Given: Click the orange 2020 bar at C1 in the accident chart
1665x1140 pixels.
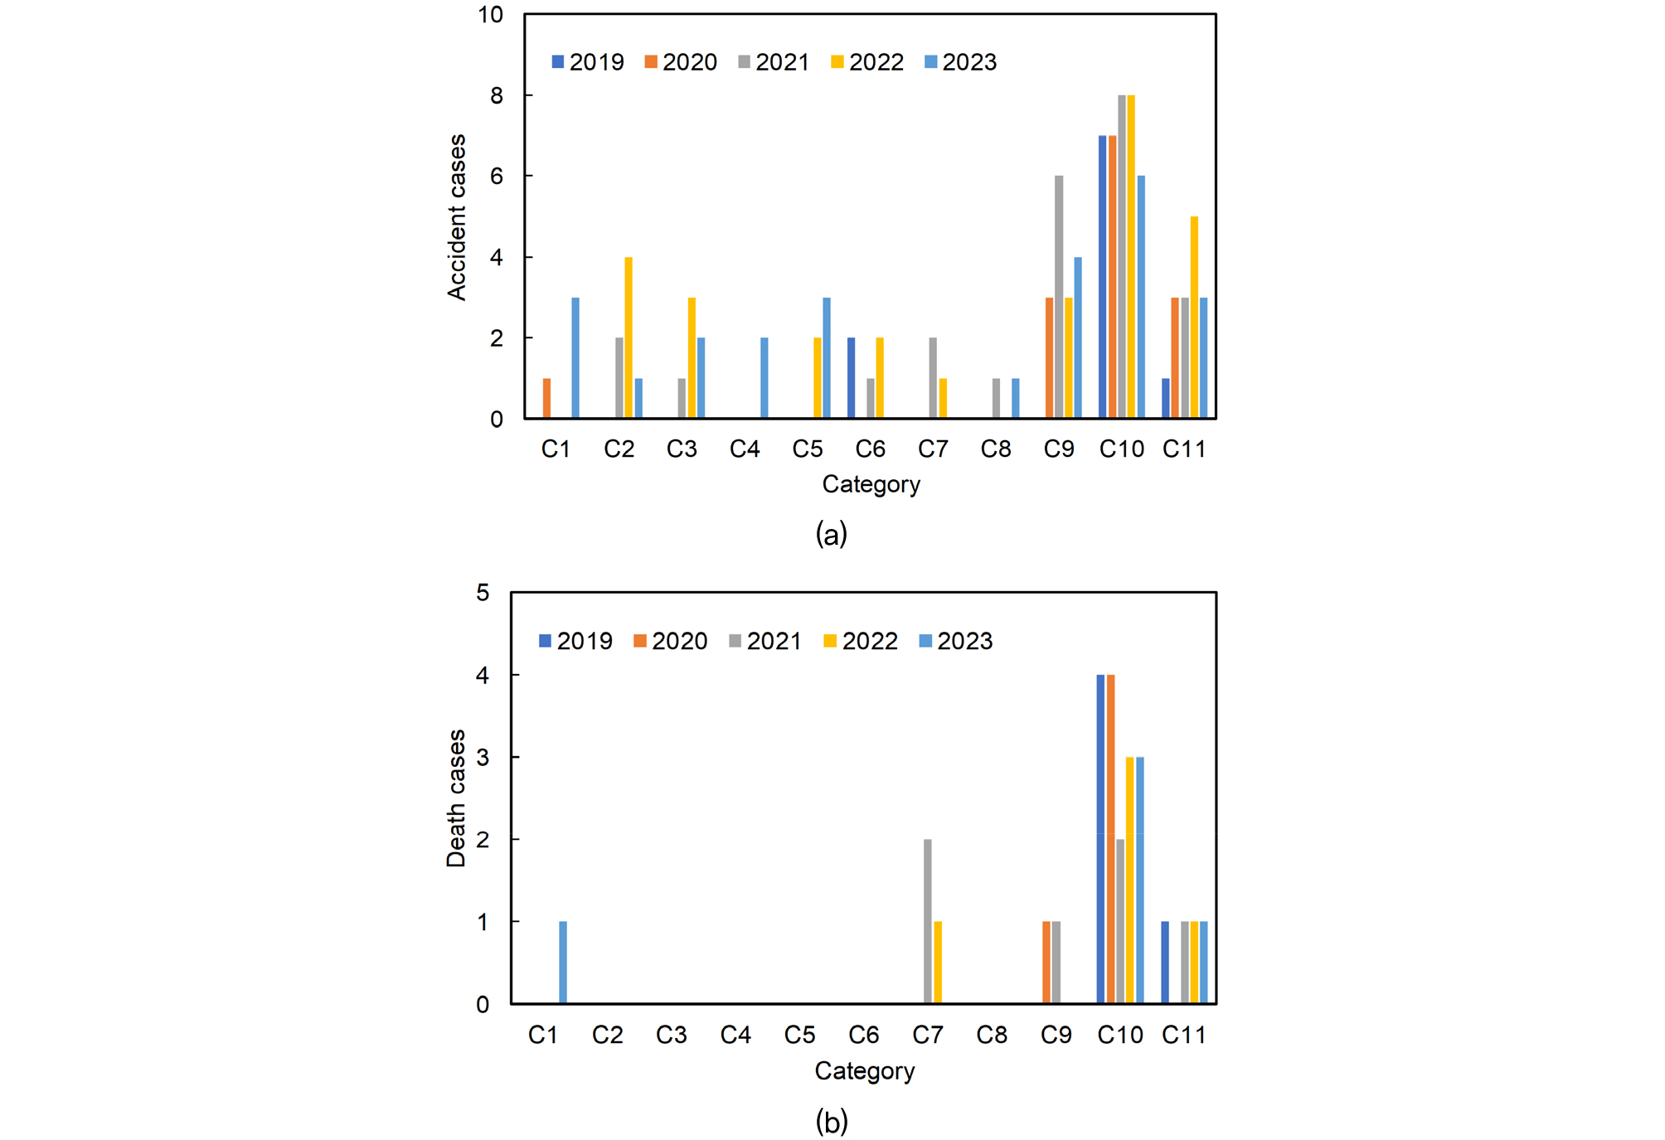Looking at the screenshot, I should (546, 399).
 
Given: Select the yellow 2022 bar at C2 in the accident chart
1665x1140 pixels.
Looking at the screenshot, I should (629, 338).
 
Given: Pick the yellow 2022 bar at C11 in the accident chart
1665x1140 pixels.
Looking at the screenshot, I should (1194, 318).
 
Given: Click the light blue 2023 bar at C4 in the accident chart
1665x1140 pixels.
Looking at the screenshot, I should (764, 378).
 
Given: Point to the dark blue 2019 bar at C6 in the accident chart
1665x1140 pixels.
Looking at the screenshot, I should (851, 378).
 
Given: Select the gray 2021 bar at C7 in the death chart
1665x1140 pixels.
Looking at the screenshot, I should (927, 921).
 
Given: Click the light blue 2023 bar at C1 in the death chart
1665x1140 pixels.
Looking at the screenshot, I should (563, 963).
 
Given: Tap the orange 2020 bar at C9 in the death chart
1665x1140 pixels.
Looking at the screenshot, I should (1046, 963).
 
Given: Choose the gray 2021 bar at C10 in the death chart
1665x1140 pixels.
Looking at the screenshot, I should (1120, 921).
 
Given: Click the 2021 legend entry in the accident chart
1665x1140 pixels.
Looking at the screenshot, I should (774, 62).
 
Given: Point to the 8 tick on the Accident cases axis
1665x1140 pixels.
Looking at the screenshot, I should (497, 95).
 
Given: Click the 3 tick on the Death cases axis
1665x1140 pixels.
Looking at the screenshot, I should (483, 757).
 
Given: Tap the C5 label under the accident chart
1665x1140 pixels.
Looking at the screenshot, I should (807, 449).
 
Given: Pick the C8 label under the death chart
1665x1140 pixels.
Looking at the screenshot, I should (992, 1035).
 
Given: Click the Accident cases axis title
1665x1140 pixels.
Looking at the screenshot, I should (457, 217).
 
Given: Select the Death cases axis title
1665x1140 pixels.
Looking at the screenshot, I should (456, 798).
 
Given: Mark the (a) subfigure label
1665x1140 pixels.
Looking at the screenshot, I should (831, 534).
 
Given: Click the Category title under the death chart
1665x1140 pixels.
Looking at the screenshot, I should (864, 1071).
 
